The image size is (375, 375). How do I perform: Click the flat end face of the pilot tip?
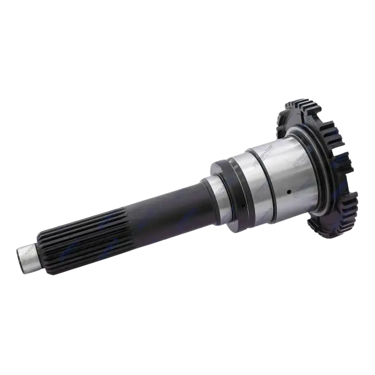(19, 257)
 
